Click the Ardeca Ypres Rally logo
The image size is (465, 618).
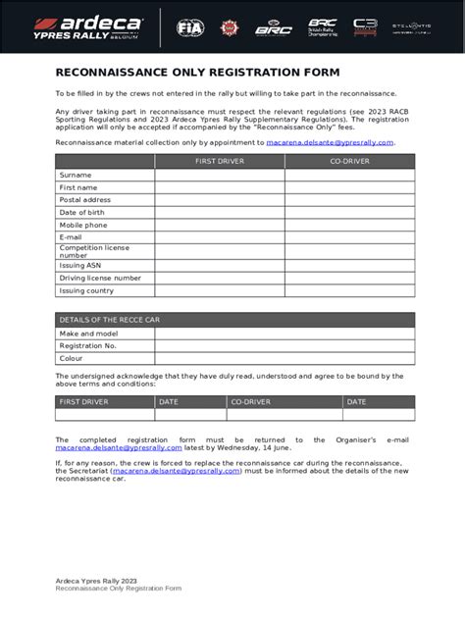[87, 26]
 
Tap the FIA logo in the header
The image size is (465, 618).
[189, 27]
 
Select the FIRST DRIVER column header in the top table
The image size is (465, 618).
[220, 161]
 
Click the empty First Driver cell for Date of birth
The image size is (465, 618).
[220, 213]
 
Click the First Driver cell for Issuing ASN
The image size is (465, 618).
[220, 265]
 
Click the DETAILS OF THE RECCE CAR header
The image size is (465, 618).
[103, 320]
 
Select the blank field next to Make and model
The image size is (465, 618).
[284, 334]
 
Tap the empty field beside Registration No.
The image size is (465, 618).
[284, 346]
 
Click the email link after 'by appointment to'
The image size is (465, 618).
[330, 142]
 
